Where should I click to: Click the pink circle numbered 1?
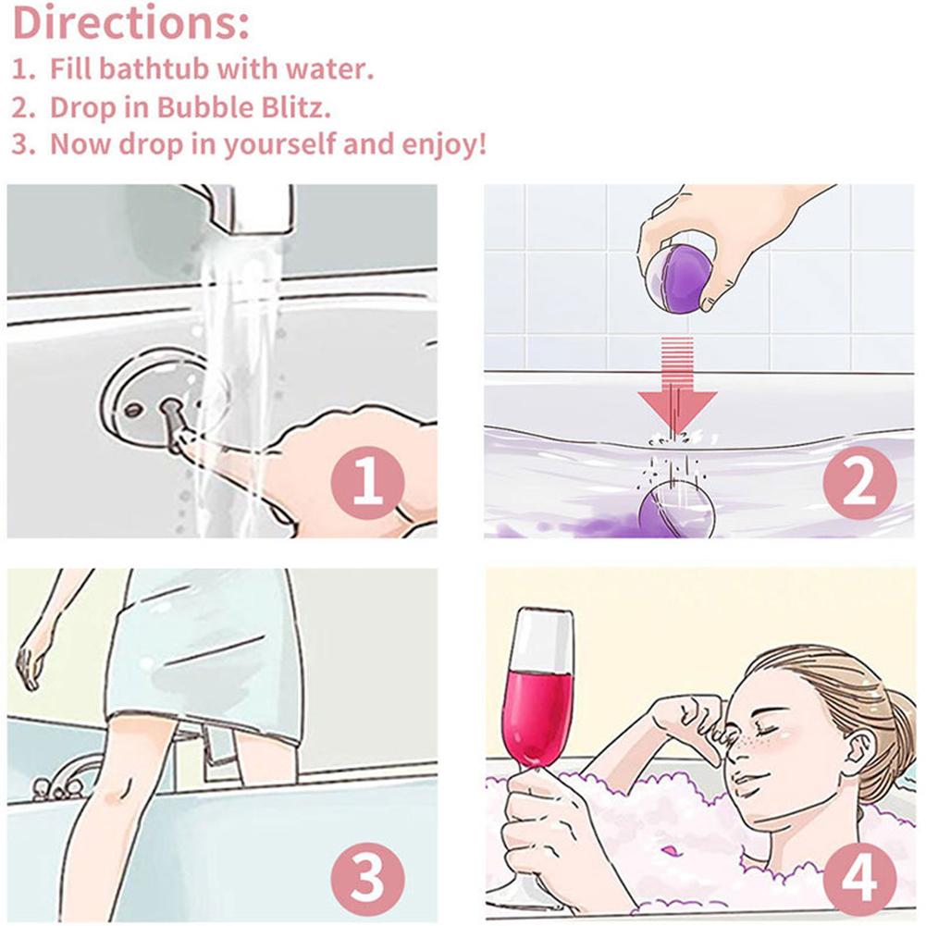pyautogui.click(x=368, y=482)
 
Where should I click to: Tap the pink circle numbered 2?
pyautogui.click(x=860, y=482)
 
